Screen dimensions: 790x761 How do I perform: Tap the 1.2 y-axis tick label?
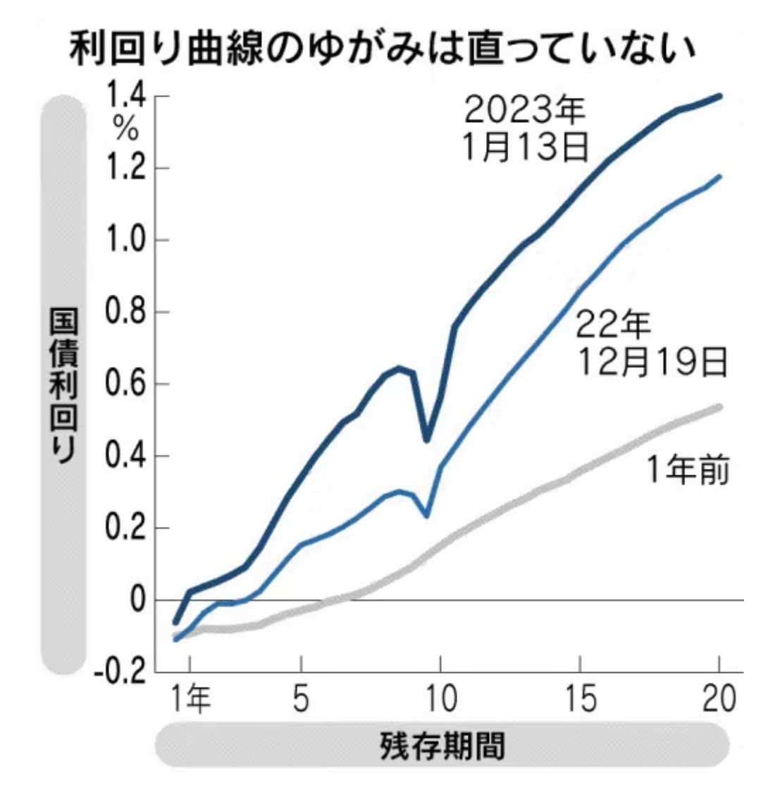pos(126,169)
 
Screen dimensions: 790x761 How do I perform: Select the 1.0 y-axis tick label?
pos(126,241)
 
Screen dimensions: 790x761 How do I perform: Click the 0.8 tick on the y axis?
pos(126,313)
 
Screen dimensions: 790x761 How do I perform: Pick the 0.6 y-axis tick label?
pos(126,385)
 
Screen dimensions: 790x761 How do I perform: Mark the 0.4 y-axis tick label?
pos(126,457)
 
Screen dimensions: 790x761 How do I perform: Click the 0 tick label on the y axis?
pos(136,601)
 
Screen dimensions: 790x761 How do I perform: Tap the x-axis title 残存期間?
pos(443,745)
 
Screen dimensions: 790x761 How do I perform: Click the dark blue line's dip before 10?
pos(426,439)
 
